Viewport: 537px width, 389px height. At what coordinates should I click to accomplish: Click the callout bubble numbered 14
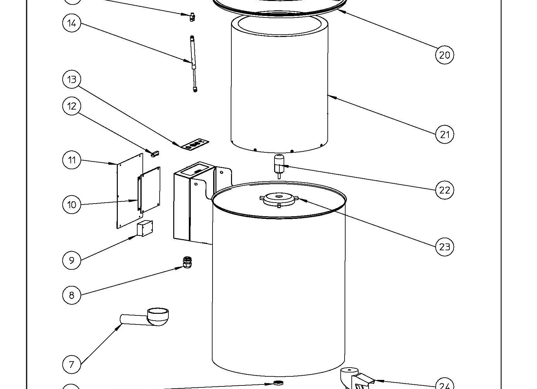pyautogui.click(x=72, y=23)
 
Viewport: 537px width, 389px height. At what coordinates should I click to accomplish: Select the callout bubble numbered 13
pyautogui.click(x=72, y=79)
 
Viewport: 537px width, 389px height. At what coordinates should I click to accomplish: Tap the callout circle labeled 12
pyautogui.click(x=72, y=106)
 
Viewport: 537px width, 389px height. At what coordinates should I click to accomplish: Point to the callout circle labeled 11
pyautogui.click(x=72, y=160)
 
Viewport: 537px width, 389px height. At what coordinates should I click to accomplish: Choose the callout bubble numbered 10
pyautogui.click(x=72, y=205)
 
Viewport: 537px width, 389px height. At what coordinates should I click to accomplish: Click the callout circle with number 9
pyautogui.click(x=72, y=260)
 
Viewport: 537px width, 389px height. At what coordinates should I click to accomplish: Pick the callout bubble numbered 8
pyautogui.click(x=72, y=295)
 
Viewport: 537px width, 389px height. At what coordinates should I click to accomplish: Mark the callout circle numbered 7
pyautogui.click(x=72, y=364)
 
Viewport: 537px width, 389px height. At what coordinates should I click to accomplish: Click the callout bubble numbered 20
pyautogui.click(x=444, y=55)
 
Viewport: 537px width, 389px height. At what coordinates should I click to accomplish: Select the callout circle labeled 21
pyautogui.click(x=444, y=134)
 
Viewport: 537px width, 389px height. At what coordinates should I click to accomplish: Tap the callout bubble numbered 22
pyautogui.click(x=444, y=190)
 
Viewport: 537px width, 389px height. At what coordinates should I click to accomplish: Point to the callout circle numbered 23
pyautogui.click(x=444, y=247)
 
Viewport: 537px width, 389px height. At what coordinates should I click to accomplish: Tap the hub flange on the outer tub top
pyautogui.click(x=279, y=199)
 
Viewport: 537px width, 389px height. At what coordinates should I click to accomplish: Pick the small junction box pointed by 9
pyautogui.click(x=145, y=228)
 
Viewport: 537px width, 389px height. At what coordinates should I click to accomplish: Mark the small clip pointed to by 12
pyautogui.click(x=155, y=153)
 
